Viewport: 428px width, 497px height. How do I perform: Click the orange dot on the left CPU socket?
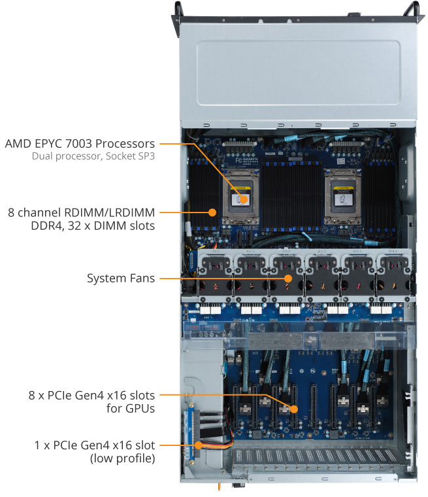click(x=243, y=199)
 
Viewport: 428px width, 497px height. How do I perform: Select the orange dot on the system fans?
click(x=288, y=279)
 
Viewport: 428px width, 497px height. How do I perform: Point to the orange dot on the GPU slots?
click(x=294, y=409)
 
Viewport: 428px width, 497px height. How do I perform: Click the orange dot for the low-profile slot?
click(x=197, y=445)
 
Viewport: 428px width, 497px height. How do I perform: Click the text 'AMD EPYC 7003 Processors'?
click(x=80, y=143)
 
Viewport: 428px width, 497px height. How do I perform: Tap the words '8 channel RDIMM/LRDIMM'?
click(x=81, y=213)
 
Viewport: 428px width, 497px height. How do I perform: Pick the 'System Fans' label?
click(x=121, y=279)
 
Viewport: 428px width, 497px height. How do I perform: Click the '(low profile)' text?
click(x=122, y=459)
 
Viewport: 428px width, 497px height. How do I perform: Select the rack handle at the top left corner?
click(x=177, y=12)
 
